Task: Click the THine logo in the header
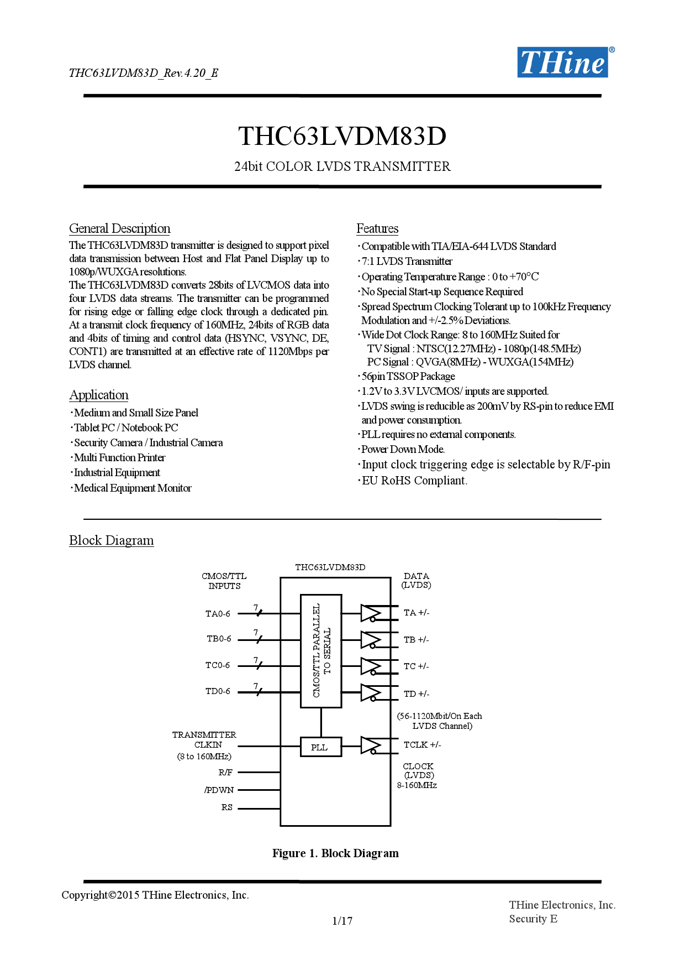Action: point(563,62)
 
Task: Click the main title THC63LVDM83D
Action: point(342,136)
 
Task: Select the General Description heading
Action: point(119,228)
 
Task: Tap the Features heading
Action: point(377,228)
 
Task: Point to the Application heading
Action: point(99,395)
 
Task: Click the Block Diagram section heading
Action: point(111,540)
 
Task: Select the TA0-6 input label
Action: point(218,613)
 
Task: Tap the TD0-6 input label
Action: point(218,691)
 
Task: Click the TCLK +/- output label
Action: point(422,745)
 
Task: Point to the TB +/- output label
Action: point(416,640)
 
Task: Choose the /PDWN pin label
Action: point(219,790)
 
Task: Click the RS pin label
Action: point(226,807)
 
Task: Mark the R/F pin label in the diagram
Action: point(225,772)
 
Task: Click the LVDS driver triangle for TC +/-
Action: point(370,666)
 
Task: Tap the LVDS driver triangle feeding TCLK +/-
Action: point(370,745)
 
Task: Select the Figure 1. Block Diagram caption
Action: point(335,853)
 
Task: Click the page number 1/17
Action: point(342,921)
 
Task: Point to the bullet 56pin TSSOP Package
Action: point(408,376)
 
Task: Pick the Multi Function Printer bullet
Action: point(119,457)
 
